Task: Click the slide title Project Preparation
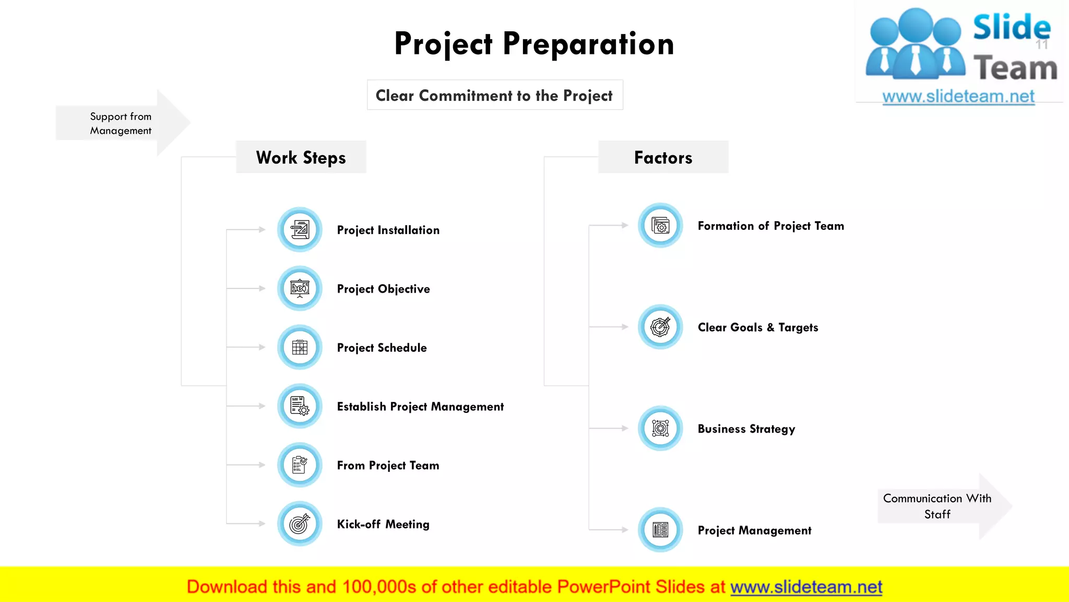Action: (x=534, y=43)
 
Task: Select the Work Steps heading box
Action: (x=301, y=157)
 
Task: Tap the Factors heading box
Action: (x=663, y=157)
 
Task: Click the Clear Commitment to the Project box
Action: (x=494, y=95)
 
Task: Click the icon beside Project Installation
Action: (x=300, y=229)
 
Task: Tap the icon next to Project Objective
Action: (x=300, y=288)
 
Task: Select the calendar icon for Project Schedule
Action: (x=300, y=347)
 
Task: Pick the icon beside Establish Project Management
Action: (x=300, y=406)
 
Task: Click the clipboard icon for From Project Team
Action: (x=300, y=465)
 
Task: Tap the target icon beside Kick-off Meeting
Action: (x=300, y=524)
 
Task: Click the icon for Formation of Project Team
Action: (x=660, y=226)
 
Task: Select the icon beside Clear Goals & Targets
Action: (x=660, y=327)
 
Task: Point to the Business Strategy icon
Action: (x=660, y=429)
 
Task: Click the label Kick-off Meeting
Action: (x=383, y=524)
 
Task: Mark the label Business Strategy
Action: (x=746, y=429)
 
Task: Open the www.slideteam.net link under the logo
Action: (x=958, y=96)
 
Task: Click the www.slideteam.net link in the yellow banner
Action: (x=806, y=587)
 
